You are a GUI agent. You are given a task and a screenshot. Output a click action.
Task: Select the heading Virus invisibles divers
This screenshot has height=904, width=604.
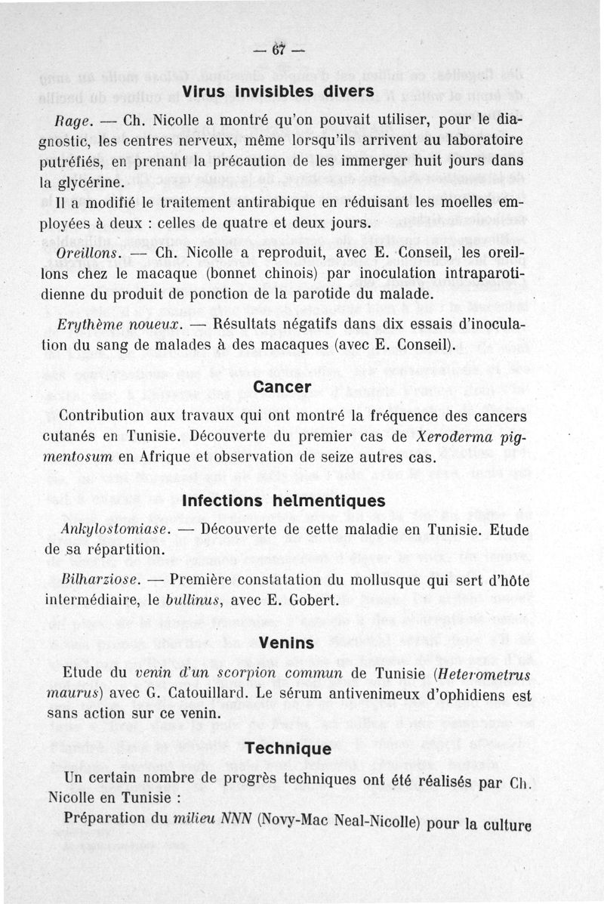point(279,91)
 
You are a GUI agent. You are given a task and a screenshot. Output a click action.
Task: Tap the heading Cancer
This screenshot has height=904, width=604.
point(283,387)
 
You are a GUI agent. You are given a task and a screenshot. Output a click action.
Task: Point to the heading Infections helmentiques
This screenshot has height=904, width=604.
point(284,501)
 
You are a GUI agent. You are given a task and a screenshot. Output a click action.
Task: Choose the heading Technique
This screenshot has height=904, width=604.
point(288,748)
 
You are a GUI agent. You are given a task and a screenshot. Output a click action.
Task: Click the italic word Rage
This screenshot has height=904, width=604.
point(74,121)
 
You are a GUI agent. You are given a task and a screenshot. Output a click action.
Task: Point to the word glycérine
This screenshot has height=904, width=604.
point(98,184)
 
